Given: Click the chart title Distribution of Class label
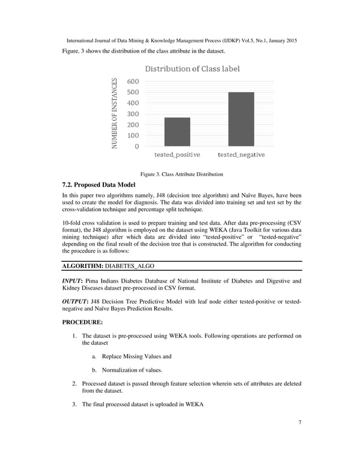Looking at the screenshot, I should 192,69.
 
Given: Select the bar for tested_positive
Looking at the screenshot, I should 177,132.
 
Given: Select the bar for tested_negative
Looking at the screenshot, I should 241,119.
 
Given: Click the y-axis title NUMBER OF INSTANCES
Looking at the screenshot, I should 115,114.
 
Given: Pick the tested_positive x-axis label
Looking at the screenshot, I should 177,155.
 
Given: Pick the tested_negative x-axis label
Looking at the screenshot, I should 241,155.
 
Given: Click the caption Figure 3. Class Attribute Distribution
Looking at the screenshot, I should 178,174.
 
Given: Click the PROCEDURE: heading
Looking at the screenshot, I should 83,323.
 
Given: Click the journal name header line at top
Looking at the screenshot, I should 182,42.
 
